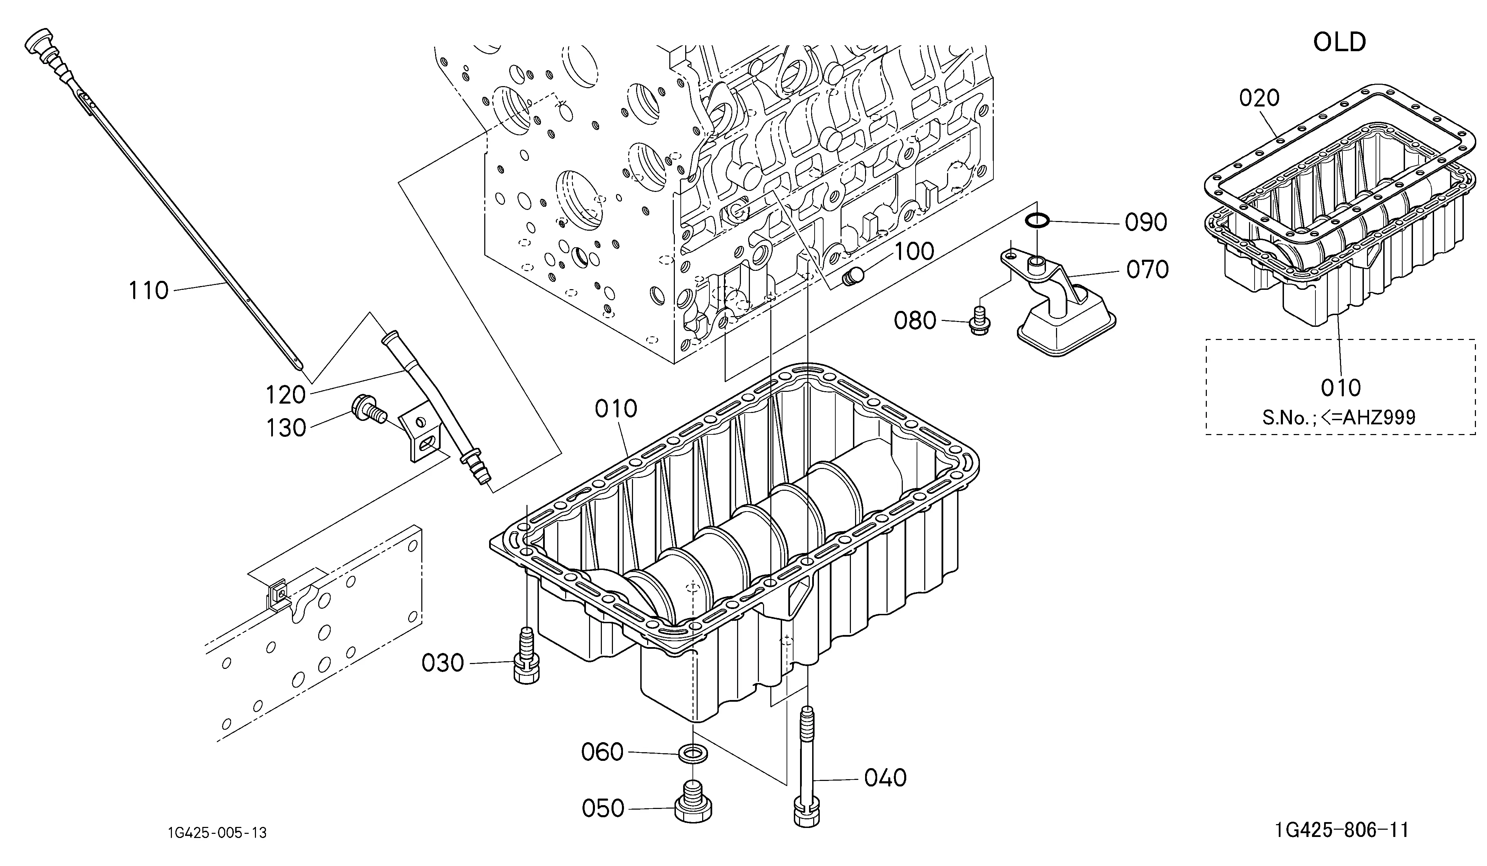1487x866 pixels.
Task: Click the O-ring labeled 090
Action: (x=1036, y=221)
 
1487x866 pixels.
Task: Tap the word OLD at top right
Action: (x=1340, y=42)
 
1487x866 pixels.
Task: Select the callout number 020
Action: (x=1259, y=97)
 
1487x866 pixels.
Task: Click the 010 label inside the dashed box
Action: (x=1341, y=388)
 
